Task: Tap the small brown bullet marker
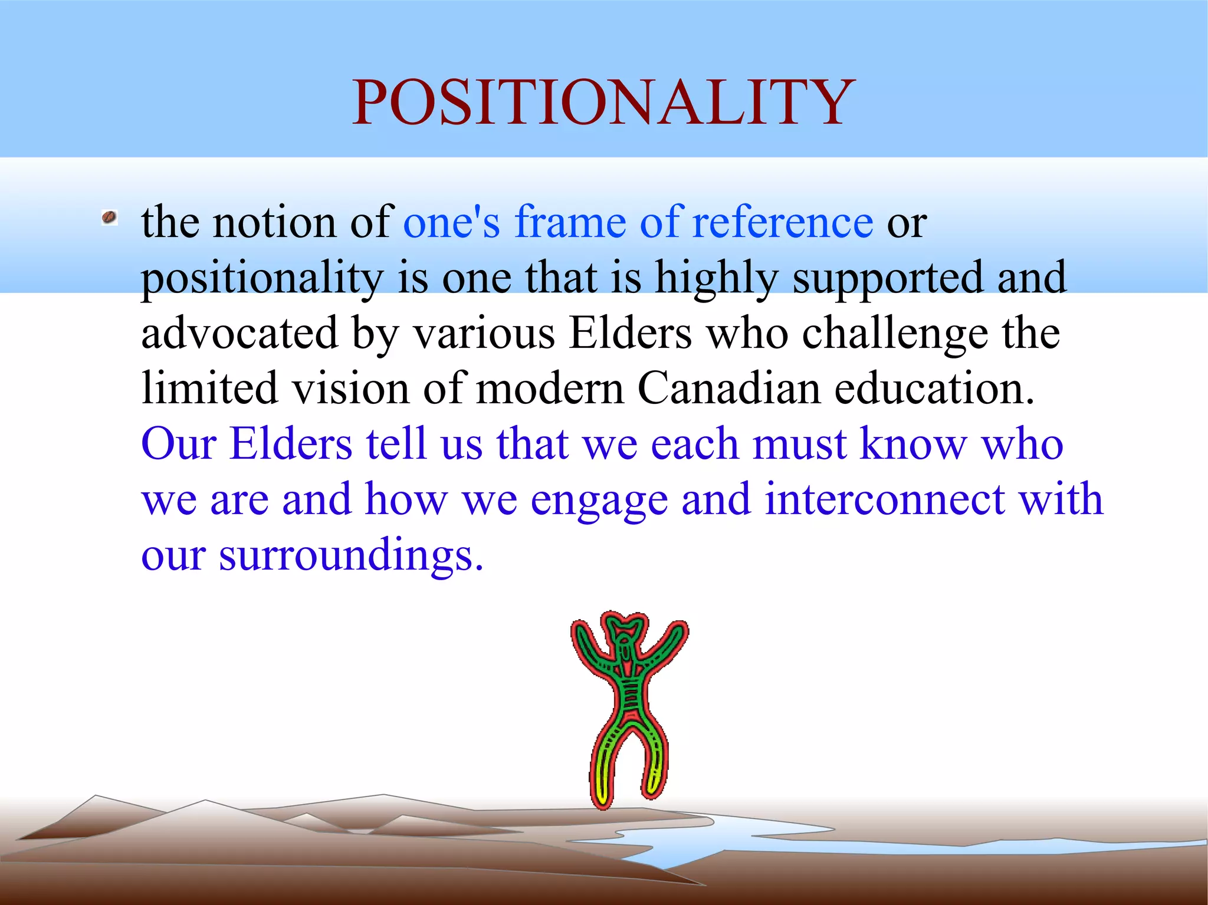coord(109,218)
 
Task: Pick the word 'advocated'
coord(239,333)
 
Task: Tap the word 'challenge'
coord(894,333)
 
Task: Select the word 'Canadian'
coord(729,389)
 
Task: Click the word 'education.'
coord(934,389)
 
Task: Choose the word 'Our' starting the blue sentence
coord(179,444)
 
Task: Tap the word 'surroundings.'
coord(351,555)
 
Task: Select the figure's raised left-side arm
coord(590,649)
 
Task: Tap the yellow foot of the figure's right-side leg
coord(654,784)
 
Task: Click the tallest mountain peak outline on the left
coord(96,797)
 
